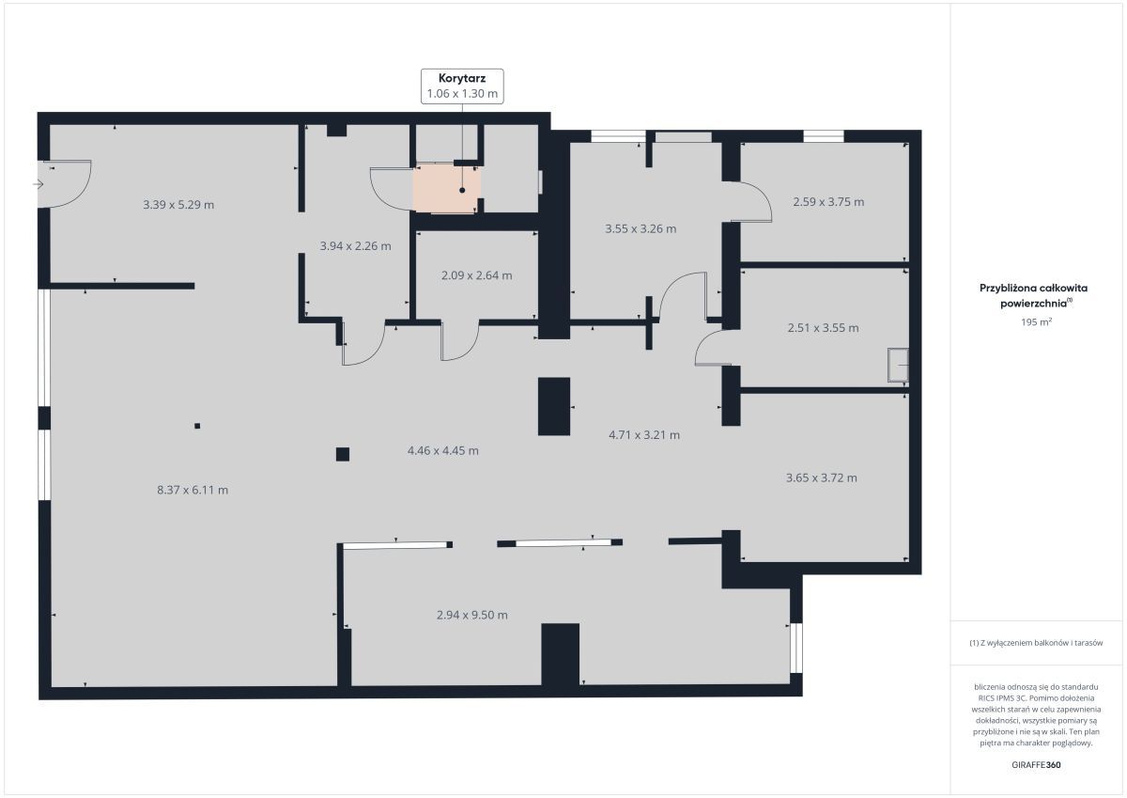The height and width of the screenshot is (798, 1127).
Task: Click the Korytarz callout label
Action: pos(462,86)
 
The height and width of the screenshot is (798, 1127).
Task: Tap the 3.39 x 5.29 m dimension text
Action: pos(178,205)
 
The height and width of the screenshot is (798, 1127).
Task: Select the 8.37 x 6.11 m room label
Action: pos(193,490)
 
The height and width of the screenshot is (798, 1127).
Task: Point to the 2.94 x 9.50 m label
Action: pos(471,615)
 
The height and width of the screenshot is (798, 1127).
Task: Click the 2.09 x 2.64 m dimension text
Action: pos(477,275)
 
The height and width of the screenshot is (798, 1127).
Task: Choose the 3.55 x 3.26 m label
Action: pos(641,228)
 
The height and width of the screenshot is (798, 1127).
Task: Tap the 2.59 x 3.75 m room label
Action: pos(828,202)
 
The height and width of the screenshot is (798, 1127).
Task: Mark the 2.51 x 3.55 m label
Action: pos(823,328)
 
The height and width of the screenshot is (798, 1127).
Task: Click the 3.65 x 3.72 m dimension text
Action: pos(822,477)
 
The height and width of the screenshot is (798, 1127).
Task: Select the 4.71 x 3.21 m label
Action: pos(644,435)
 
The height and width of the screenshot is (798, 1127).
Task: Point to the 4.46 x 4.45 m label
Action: pos(442,450)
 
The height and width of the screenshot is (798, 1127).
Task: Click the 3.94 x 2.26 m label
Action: pos(355,246)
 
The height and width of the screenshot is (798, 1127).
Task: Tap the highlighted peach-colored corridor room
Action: pos(445,190)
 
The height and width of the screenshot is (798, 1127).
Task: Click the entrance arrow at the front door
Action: pos(39,184)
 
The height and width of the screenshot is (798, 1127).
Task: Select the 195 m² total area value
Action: pos(1036,321)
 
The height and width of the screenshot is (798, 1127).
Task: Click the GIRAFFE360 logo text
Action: pos(1036,765)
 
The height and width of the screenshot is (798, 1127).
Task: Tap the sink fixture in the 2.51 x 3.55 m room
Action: pos(898,365)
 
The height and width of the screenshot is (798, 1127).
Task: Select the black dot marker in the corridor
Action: pos(462,190)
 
